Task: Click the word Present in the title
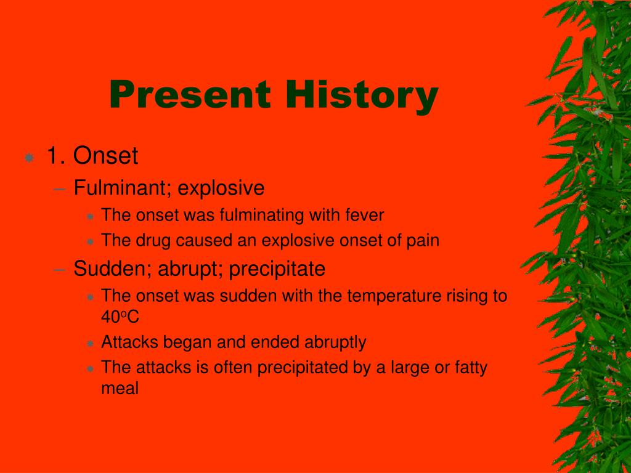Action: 190,94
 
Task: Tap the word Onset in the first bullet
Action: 105,156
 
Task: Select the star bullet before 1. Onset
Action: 30,157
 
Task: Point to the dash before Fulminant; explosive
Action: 59,188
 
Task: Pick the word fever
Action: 365,215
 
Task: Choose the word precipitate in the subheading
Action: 277,269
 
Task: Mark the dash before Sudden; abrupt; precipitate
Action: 59,270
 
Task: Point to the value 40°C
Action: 120,317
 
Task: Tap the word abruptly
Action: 335,342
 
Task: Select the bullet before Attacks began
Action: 90,344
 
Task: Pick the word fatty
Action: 471,368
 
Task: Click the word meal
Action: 120,389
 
